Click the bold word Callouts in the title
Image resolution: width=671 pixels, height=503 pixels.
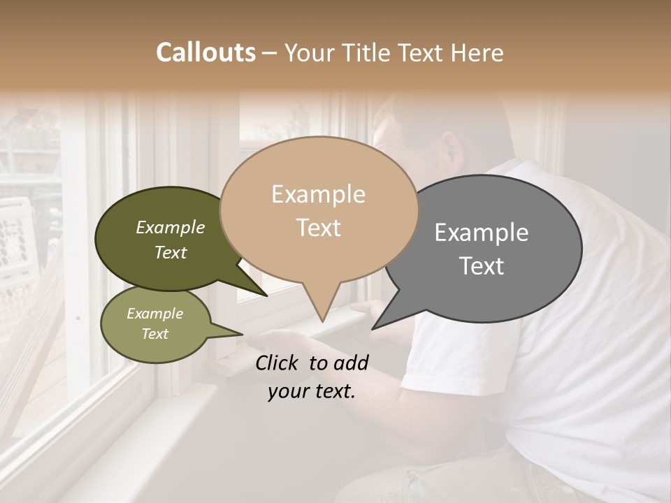click(x=205, y=52)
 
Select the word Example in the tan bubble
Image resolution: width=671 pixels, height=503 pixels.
click(x=318, y=194)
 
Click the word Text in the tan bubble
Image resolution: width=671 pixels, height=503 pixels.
click(x=318, y=228)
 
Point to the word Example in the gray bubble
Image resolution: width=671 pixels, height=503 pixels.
click(x=482, y=232)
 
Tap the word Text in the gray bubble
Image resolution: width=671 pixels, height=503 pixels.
click(x=482, y=265)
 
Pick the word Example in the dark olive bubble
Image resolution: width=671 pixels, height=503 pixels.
click(x=171, y=227)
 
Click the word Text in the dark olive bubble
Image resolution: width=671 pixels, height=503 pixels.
click(x=171, y=252)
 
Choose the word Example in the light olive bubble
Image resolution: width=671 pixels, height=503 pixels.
click(x=154, y=314)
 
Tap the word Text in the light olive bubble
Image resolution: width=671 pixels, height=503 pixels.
click(x=154, y=334)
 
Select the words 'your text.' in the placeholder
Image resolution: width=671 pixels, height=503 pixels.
click(x=311, y=392)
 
